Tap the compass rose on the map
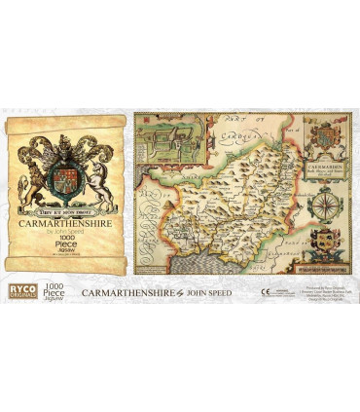pyautogui.click(x=326, y=207)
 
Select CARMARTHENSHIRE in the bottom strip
pyautogui.click(x=131, y=291)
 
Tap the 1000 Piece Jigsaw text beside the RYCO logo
pyautogui.click(x=53, y=290)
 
